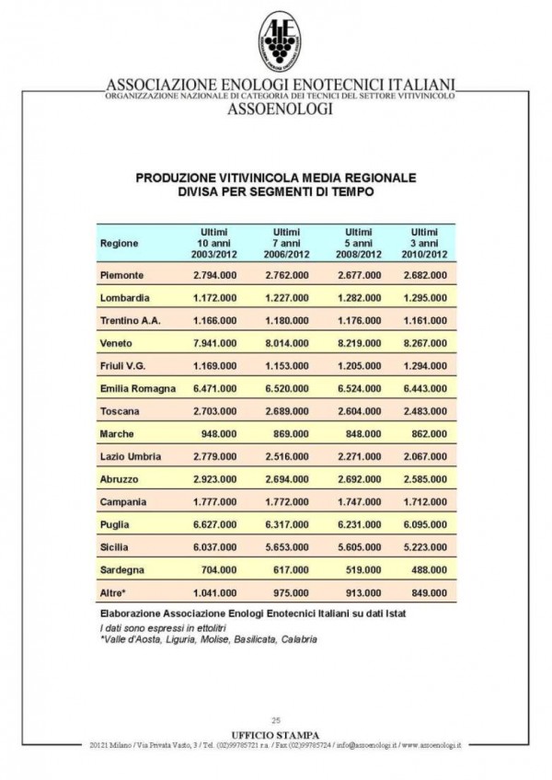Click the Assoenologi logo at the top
tap(280, 41)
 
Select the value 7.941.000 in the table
tap(214, 343)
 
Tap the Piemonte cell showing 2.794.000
tap(214, 275)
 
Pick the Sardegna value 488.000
tap(427, 569)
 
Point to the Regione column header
tap(120, 243)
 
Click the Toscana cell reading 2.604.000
tap(358, 411)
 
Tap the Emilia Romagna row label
tap(137, 388)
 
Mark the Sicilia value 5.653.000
tap(287, 546)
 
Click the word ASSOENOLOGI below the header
tap(280, 109)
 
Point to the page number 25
tap(275, 720)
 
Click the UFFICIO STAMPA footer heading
tap(277, 734)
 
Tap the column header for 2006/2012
tap(287, 243)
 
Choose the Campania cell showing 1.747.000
tap(358, 501)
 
